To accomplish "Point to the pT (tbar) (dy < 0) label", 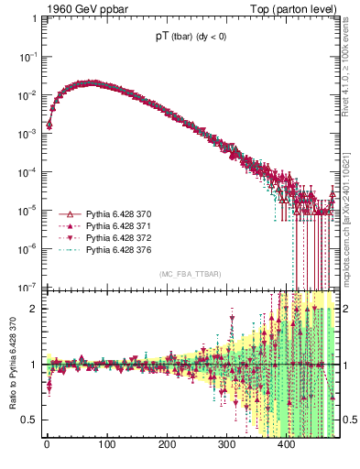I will coord(191,38).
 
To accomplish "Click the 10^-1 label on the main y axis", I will coord(28,57).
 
